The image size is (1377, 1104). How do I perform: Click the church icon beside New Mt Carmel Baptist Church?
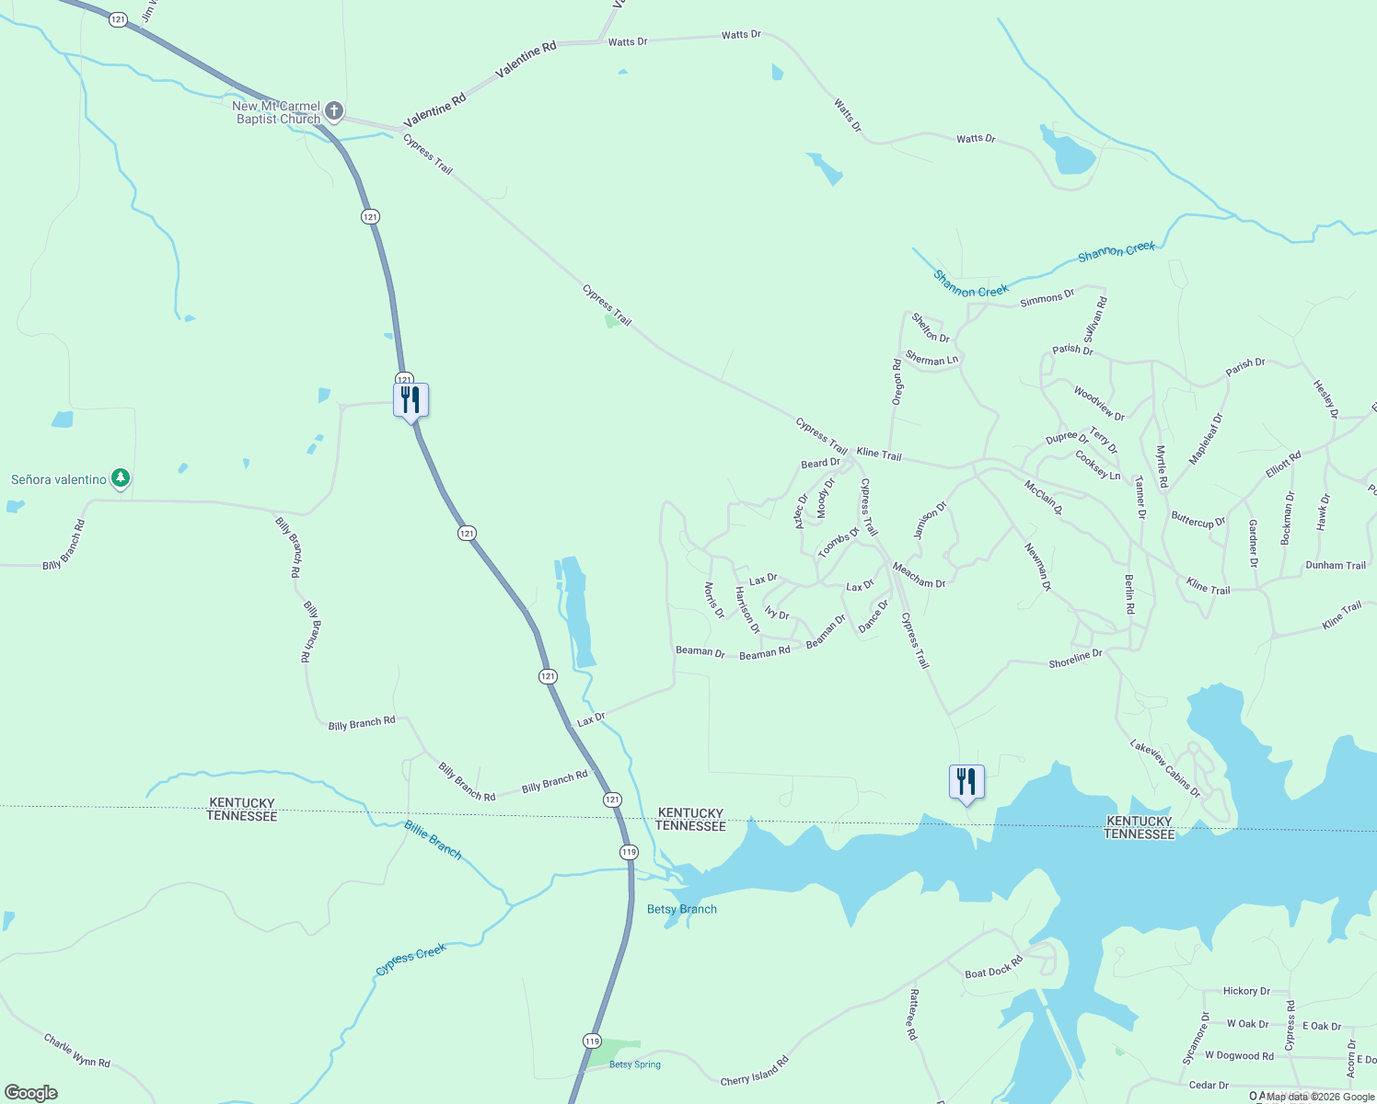click(x=334, y=112)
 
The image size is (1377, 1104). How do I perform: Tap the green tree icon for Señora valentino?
click(x=121, y=478)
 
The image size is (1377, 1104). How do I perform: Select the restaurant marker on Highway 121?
click(x=411, y=400)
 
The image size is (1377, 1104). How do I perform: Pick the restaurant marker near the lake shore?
click(x=966, y=783)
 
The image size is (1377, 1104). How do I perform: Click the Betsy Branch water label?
click(x=681, y=909)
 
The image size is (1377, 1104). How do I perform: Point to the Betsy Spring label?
click(x=634, y=1064)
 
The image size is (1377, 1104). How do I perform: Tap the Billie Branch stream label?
click(x=433, y=839)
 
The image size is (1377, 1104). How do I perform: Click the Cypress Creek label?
click(x=411, y=959)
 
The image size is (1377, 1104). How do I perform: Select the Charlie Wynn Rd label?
click(x=77, y=1051)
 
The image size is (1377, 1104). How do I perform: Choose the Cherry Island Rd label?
click(x=755, y=1071)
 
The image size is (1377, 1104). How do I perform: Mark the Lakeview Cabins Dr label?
click(x=1165, y=768)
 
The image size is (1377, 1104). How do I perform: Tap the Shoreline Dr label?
click(x=1075, y=659)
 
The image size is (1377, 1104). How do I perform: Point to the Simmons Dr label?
click(x=1047, y=297)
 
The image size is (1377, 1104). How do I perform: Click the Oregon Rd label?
click(x=897, y=382)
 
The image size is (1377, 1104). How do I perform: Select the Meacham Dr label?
click(x=919, y=576)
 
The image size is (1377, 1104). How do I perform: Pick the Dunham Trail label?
click(x=1335, y=566)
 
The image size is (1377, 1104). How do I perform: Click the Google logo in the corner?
click(x=31, y=1093)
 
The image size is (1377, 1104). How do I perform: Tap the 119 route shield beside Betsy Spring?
click(x=592, y=1041)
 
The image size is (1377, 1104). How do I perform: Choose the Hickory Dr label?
click(x=1246, y=991)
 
